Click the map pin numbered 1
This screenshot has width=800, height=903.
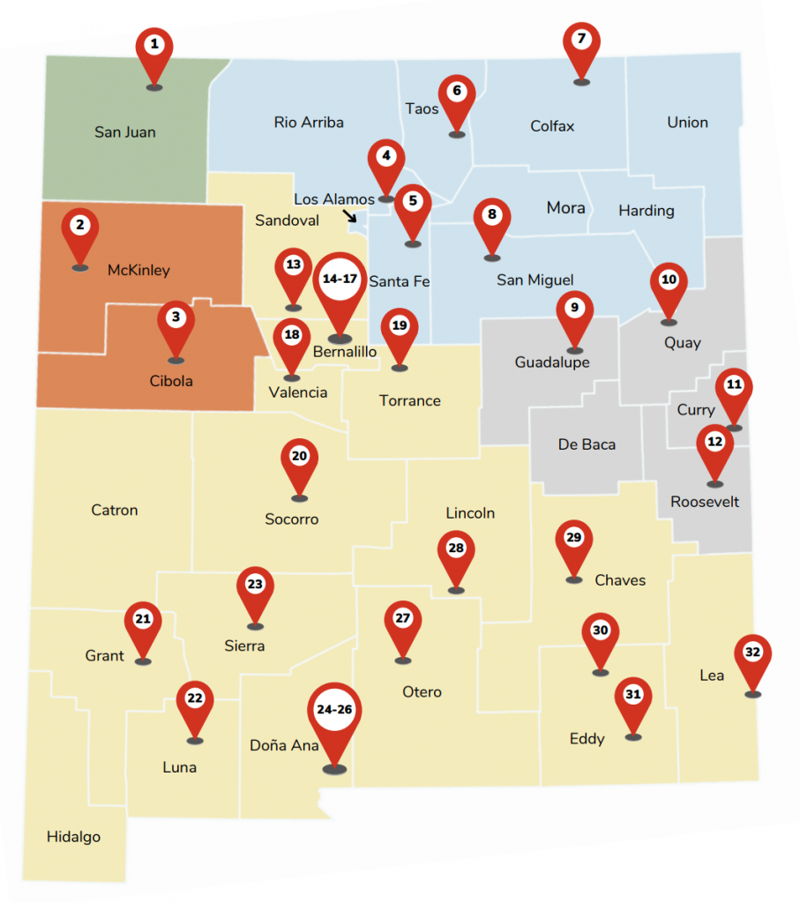coord(154,46)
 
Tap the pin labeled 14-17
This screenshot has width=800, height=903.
coord(340,280)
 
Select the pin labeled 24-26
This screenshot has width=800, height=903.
coord(334,710)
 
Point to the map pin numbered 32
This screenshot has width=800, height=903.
coord(752,654)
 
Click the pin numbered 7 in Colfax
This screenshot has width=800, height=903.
coord(580,41)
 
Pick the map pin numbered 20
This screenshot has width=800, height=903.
coord(299,458)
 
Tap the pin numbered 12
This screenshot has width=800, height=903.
coord(714,443)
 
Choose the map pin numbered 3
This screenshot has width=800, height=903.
coord(176,318)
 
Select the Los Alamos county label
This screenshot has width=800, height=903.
coord(334,199)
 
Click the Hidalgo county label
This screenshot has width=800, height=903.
coord(73,837)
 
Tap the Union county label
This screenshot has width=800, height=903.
coord(687,123)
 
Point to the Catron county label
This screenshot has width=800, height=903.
coord(115,510)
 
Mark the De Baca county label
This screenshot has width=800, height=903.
coord(587,444)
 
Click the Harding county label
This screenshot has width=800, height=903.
coord(646,211)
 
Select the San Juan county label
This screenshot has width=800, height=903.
coord(125,132)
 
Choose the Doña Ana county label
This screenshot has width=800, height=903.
coord(284,745)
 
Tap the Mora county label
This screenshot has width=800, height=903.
coord(565,208)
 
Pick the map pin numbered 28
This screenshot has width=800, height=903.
coord(456,550)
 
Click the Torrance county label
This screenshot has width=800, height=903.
coord(409,400)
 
